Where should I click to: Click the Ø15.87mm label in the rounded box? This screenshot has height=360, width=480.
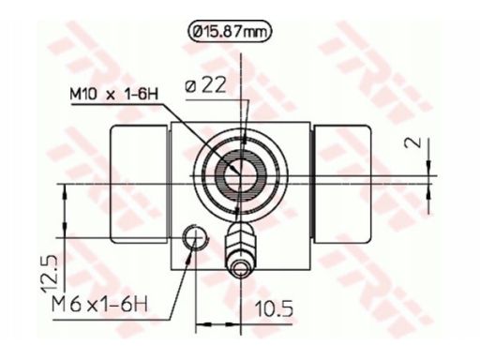(x=230, y=32)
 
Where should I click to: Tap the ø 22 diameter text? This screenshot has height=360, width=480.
(x=205, y=85)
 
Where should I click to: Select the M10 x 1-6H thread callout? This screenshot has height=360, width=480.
(x=114, y=95)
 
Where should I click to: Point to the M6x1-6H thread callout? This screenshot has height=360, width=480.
(x=99, y=304)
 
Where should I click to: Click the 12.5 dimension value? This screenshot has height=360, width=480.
(x=50, y=274)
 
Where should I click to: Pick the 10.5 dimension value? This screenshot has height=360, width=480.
(x=275, y=309)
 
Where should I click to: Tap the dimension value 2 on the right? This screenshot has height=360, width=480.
(x=412, y=143)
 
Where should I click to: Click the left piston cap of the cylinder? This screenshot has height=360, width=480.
(x=140, y=184)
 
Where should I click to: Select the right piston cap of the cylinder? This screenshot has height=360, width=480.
(x=343, y=184)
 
